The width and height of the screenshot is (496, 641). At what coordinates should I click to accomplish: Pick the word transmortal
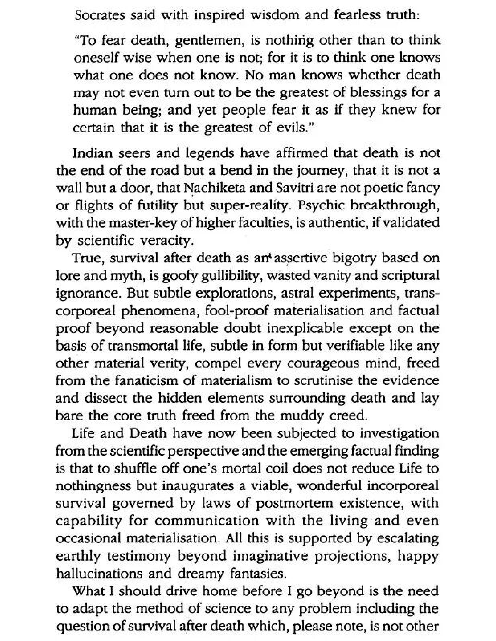[143, 346]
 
